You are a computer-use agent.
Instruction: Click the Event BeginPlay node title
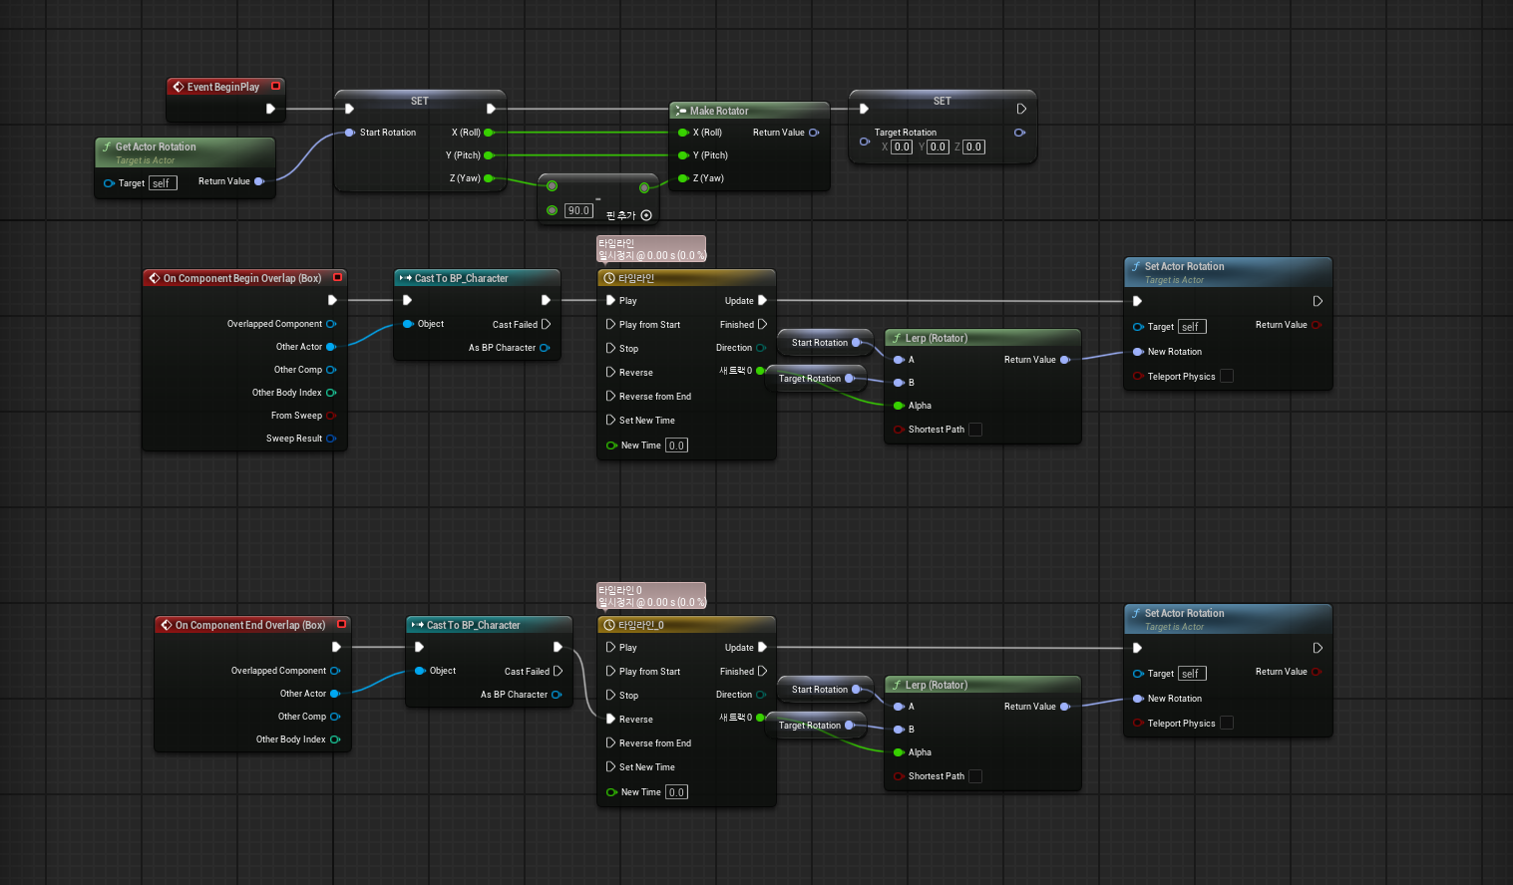coord(222,87)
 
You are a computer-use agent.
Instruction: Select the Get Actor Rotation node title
coord(156,147)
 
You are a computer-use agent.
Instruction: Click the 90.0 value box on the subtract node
coord(578,210)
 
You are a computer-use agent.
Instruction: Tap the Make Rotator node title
coord(719,111)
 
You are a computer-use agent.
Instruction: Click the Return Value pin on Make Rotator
coord(814,133)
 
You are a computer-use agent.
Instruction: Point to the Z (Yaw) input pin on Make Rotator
coord(683,178)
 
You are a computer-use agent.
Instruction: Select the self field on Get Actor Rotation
coord(163,183)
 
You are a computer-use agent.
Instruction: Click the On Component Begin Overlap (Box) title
coord(241,278)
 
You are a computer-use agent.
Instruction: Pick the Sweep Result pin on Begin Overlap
coord(331,439)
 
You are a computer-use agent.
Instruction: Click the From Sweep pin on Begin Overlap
coord(331,416)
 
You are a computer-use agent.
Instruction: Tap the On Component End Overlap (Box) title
coord(250,625)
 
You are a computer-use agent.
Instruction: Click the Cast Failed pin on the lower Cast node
coord(558,671)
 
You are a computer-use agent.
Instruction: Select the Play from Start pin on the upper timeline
coord(610,325)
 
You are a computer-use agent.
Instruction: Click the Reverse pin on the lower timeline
coord(610,719)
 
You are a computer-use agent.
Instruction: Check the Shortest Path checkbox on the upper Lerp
coord(975,430)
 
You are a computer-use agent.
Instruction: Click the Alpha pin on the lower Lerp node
coord(899,752)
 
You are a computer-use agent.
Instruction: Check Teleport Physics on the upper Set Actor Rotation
coord(1227,376)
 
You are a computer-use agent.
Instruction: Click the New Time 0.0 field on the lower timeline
coord(676,792)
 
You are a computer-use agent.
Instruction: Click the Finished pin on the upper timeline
coord(763,325)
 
